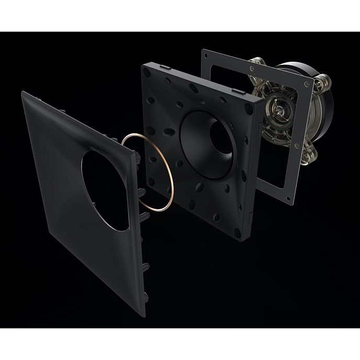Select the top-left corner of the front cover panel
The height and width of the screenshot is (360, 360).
click(x=24, y=93)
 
